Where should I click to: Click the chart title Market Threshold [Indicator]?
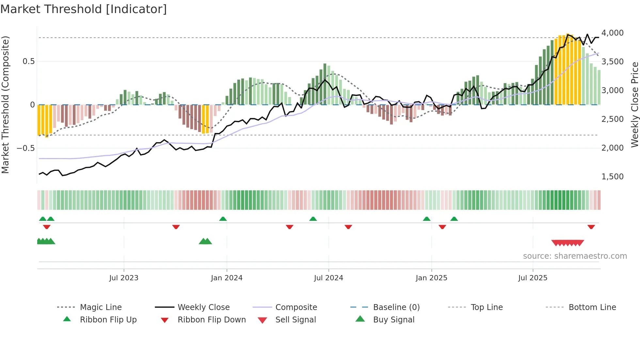coord(84,9)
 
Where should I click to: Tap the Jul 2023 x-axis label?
coord(124,278)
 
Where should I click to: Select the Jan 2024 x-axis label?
coord(227,278)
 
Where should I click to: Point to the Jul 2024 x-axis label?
coord(328,278)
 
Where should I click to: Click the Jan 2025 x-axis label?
coord(431,278)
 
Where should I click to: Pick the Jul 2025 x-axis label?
coord(533,278)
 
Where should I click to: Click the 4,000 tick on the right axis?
coord(612,33)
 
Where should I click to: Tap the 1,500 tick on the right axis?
coord(612,177)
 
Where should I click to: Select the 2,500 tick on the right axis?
coord(612,119)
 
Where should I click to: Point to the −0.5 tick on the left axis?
coord(25,148)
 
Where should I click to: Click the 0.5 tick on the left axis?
coord(28,61)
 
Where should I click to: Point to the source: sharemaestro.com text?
coord(575,256)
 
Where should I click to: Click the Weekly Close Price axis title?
coord(634,105)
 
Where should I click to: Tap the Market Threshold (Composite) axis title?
coord(5,105)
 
